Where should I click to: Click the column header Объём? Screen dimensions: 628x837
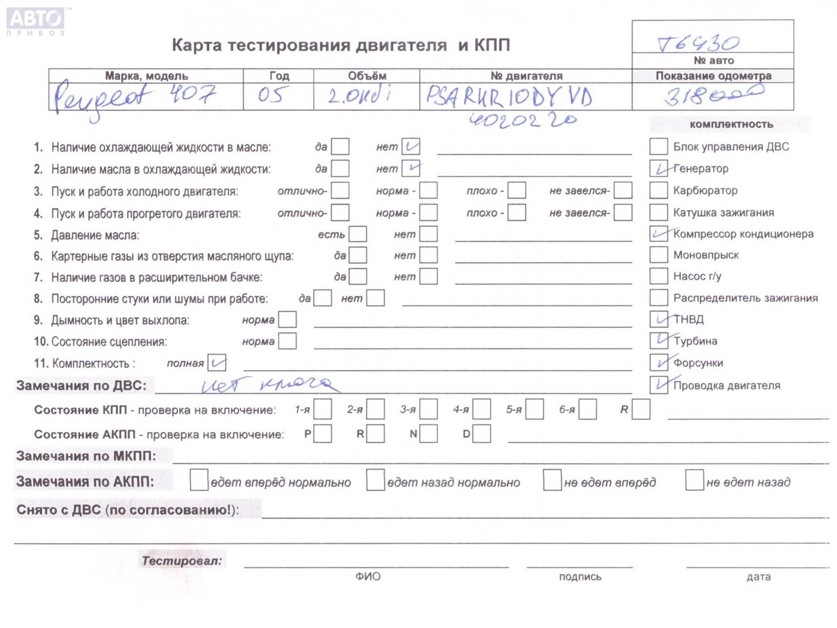tap(367, 76)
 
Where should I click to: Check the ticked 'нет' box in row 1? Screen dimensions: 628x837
tap(411, 147)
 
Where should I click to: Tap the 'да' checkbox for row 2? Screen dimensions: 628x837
tap(340, 168)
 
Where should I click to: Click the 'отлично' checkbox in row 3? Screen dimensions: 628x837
tap(340, 191)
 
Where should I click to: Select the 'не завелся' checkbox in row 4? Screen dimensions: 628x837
tap(623, 213)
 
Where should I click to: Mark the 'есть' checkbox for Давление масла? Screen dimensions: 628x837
tap(358, 234)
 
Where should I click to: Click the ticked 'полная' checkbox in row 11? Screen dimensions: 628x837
tap(217, 363)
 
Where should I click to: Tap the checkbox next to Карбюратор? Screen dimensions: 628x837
tap(658, 191)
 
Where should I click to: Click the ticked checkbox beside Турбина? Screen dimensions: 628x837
tap(658, 341)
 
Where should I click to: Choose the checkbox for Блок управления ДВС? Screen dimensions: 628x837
tap(658, 147)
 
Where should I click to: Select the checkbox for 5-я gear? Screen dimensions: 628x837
tap(534, 410)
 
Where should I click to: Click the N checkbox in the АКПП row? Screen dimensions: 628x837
tap(429, 434)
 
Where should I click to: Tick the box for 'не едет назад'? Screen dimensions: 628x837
tap(694, 480)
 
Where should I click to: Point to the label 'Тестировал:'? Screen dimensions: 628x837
tap(182, 561)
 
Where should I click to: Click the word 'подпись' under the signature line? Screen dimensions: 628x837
tap(580, 577)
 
